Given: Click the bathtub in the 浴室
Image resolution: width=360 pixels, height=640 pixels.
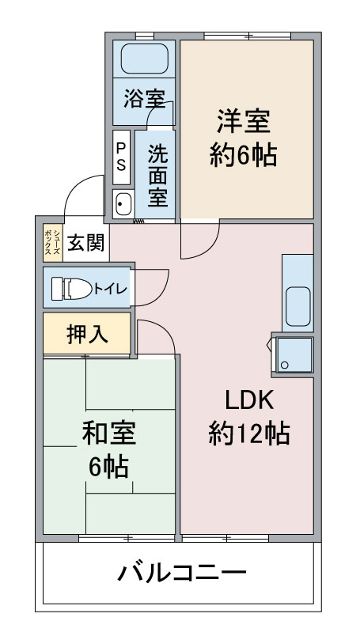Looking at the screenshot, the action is [x=145, y=59].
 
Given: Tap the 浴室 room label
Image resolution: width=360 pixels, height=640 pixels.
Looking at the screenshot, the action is [x=145, y=98].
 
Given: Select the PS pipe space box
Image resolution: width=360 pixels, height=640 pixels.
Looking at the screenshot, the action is [x=121, y=157].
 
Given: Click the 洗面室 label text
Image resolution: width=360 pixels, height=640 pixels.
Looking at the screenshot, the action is [x=157, y=176].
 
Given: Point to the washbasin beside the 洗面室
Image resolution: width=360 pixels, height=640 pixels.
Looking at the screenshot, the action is [x=123, y=203].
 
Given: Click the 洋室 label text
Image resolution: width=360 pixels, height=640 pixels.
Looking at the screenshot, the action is [x=243, y=121].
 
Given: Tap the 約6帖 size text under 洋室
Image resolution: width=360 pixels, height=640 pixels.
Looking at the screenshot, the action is [x=244, y=155].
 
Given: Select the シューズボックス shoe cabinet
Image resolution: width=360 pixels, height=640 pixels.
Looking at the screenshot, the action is [x=53, y=242].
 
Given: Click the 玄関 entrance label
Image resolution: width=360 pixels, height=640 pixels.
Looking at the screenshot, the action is [x=86, y=244].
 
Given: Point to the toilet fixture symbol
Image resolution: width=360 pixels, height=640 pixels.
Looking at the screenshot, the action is [x=72, y=289].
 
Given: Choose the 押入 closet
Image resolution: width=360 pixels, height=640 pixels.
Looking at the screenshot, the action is [x=87, y=333].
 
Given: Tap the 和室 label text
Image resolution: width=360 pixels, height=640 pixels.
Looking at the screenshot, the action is [x=109, y=433].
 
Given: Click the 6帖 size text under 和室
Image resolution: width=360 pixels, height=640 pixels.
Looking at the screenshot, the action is [x=109, y=467].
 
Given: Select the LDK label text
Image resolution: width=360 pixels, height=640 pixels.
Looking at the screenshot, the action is [x=249, y=400].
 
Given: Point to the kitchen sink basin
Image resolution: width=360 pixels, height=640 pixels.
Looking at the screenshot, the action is [x=298, y=306].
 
